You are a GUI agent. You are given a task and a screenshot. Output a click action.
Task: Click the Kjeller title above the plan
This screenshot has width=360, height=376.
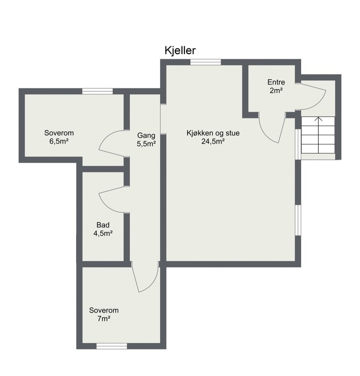[180, 51]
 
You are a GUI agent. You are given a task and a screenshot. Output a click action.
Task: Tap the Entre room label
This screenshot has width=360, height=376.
[276, 82]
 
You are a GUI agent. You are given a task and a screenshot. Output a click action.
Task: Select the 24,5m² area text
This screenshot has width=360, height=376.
[213, 141]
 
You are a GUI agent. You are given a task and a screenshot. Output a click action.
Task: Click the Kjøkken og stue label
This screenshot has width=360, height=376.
[213, 133]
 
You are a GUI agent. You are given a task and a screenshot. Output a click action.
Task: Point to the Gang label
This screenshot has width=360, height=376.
[146, 135]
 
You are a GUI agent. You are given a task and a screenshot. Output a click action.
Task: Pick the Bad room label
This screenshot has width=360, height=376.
[103, 225]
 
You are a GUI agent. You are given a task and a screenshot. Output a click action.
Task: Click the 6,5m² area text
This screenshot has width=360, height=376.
[59, 141]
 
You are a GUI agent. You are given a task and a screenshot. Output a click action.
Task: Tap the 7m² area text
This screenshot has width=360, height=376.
[104, 319]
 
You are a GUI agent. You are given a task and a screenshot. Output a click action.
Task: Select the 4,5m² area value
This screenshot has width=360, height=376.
[103, 233]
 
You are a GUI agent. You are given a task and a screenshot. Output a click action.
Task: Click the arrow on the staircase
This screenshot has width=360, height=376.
[318, 135]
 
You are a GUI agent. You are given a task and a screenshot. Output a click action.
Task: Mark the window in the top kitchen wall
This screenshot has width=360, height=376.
[205, 62]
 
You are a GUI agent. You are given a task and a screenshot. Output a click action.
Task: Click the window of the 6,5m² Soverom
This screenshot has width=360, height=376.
[97, 91]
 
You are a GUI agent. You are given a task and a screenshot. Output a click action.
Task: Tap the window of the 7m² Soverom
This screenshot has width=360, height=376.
[112, 346]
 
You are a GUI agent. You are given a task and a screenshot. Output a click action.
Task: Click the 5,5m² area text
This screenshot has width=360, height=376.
[147, 144]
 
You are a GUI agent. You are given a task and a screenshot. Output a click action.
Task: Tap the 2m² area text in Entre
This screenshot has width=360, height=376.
[276, 91]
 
